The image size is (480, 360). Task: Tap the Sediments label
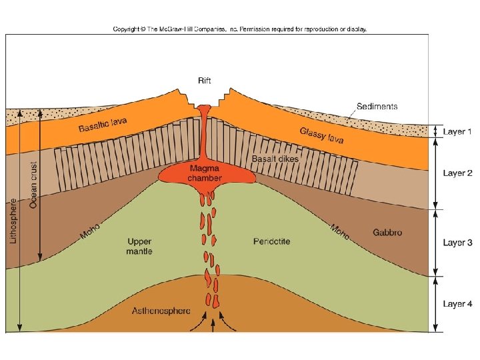pyautogui.click(x=377, y=106)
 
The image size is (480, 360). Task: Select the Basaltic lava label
pyautogui.click(x=103, y=125)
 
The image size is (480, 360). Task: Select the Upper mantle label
pyautogui.click(x=139, y=246)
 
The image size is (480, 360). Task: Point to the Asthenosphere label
pyautogui.click(x=161, y=311)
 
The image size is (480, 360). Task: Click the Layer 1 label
pyautogui.click(x=457, y=132)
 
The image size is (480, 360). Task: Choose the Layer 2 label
pyautogui.click(x=457, y=173)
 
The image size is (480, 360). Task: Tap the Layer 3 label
pyautogui.click(x=457, y=242)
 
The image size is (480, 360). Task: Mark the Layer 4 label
pyautogui.click(x=457, y=304)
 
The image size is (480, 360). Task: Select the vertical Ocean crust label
pyautogui.click(x=33, y=186)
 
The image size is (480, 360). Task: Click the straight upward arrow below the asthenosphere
pyautogui.click(x=213, y=325)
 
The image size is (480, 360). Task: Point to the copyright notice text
pyautogui.click(x=240, y=29)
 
